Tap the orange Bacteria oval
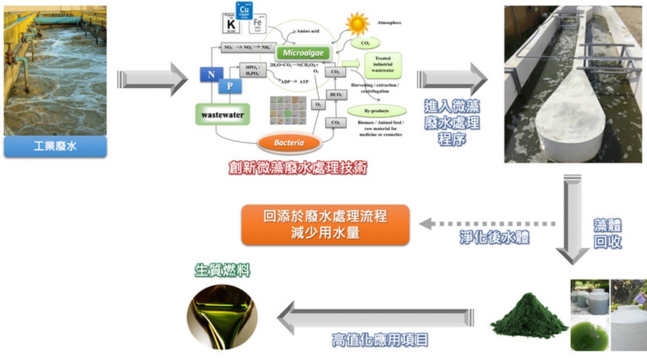click(289, 143)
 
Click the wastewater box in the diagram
click(222, 113)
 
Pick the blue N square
click(211, 74)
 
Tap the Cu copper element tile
click(244, 10)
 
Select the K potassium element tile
click(231, 23)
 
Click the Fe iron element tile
click(258, 24)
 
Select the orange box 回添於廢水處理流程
click(325, 225)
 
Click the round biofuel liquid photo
click(222, 317)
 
